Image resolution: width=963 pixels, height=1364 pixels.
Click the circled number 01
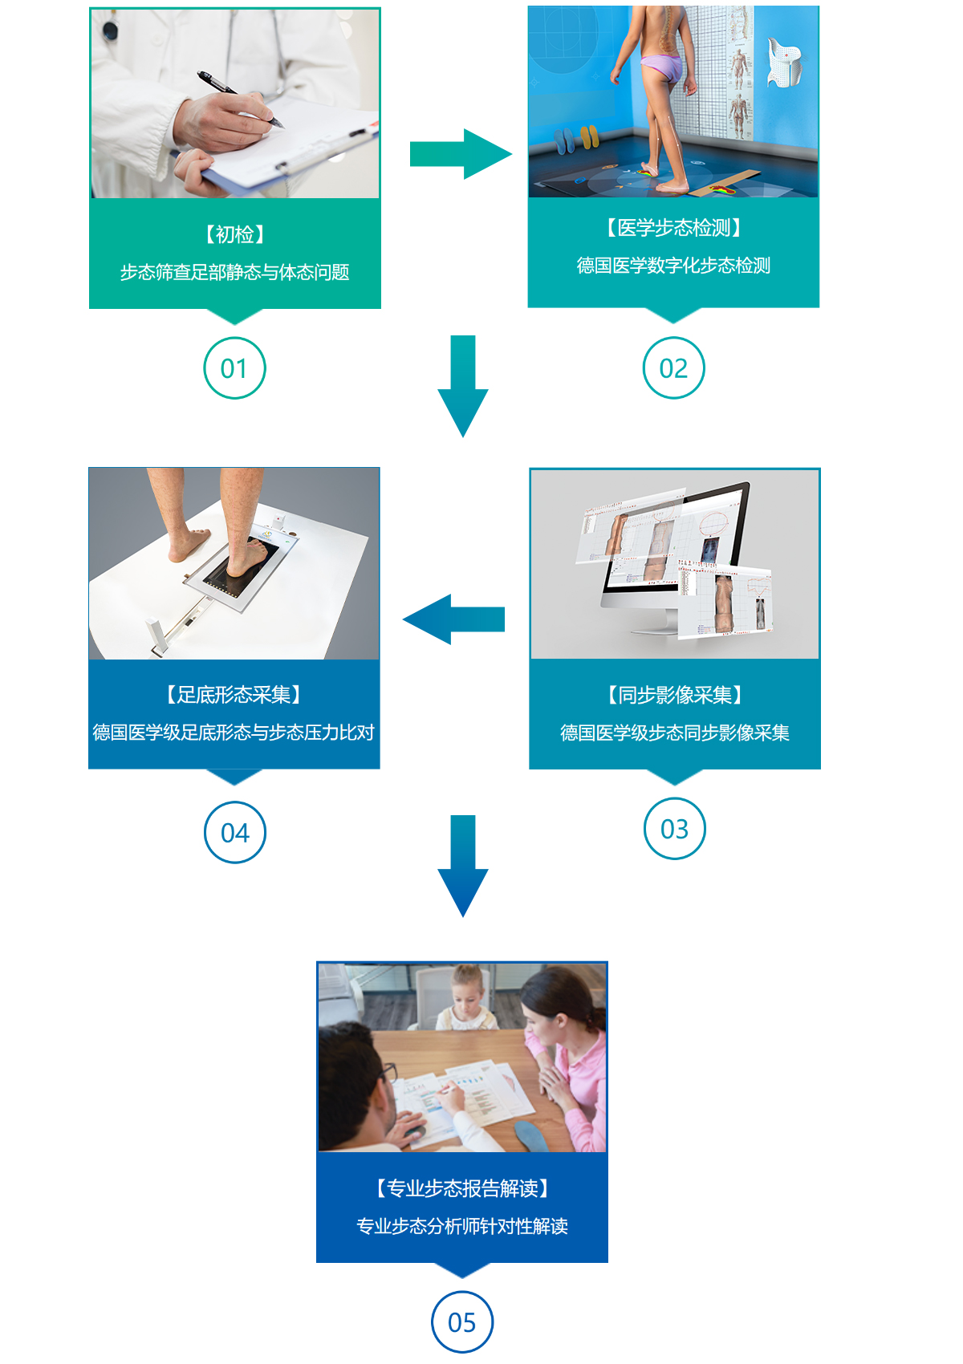click(x=234, y=368)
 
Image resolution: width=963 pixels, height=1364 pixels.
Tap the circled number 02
click(x=673, y=368)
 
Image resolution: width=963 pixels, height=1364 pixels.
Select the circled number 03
click(x=674, y=829)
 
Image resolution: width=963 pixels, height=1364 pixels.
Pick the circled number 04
click(x=234, y=833)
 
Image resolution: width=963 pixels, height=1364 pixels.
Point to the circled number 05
click(x=461, y=1322)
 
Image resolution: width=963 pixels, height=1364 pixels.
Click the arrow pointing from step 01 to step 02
click(x=460, y=153)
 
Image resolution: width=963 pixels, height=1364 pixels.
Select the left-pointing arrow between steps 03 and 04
click(x=454, y=619)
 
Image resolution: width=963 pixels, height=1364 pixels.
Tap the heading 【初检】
click(x=234, y=234)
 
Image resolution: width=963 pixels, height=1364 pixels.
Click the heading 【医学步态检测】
click(x=673, y=228)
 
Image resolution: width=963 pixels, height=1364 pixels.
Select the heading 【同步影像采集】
click(x=674, y=695)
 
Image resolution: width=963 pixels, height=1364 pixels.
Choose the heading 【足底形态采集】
click(x=234, y=695)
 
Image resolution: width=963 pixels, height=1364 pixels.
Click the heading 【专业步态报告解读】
click(x=462, y=1188)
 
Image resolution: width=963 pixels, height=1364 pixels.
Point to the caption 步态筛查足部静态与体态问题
click(x=234, y=273)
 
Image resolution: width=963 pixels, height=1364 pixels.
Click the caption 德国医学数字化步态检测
click(x=673, y=266)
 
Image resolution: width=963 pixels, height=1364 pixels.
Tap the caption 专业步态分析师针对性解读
click(x=462, y=1226)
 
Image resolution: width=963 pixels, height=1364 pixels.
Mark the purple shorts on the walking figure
click(x=663, y=67)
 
